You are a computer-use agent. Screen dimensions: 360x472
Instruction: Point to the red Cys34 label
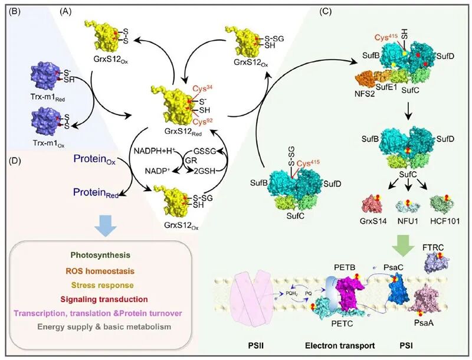(x=202, y=89)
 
